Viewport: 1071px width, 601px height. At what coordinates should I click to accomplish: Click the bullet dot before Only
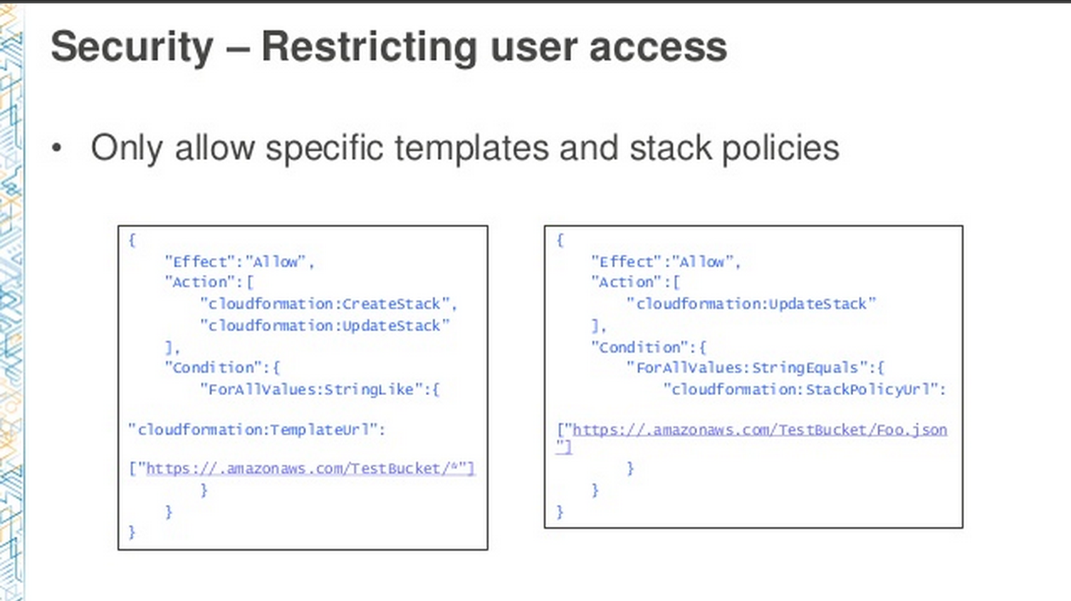57,148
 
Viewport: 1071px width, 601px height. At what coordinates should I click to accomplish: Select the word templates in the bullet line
472,148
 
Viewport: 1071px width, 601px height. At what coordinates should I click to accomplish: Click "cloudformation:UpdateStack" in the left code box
325,325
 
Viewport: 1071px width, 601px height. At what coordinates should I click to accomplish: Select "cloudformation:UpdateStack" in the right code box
751,304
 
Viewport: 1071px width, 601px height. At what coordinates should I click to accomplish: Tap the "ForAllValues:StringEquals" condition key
747,368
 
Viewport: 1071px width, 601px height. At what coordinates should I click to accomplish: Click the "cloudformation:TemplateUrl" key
254,430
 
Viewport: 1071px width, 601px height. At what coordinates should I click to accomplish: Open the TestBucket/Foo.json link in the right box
759,430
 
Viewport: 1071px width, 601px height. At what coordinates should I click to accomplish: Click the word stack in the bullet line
670,148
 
